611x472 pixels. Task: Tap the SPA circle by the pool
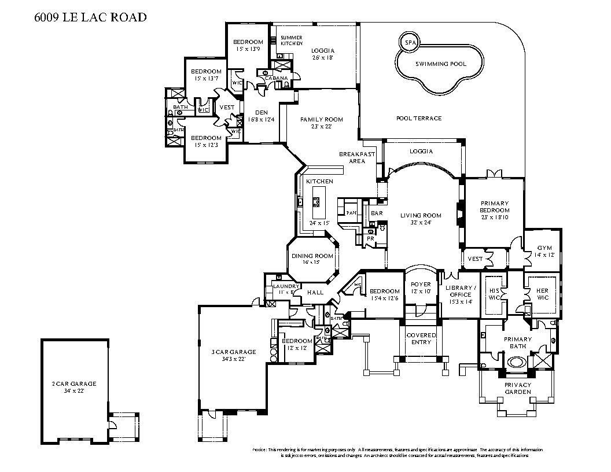click(x=410, y=43)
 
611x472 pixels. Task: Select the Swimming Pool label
click(x=441, y=64)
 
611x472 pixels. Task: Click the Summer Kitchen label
click(x=292, y=40)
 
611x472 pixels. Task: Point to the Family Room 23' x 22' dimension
click(x=321, y=127)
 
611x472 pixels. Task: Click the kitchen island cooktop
click(x=317, y=202)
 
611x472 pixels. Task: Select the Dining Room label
click(x=312, y=256)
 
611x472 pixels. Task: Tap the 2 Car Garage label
click(x=73, y=384)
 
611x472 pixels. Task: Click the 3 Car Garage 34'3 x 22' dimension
click(x=234, y=359)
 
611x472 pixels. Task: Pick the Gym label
click(x=544, y=248)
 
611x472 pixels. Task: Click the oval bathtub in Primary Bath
click(x=516, y=363)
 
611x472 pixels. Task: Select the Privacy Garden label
click(x=517, y=388)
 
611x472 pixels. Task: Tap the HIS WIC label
click(x=494, y=294)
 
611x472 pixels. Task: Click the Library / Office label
click(x=461, y=291)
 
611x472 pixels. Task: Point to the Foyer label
click(x=421, y=284)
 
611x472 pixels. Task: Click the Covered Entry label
click(x=421, y=338)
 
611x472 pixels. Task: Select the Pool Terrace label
click(x=418, y=118)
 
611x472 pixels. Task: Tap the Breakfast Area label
click(x=357, y=157)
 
